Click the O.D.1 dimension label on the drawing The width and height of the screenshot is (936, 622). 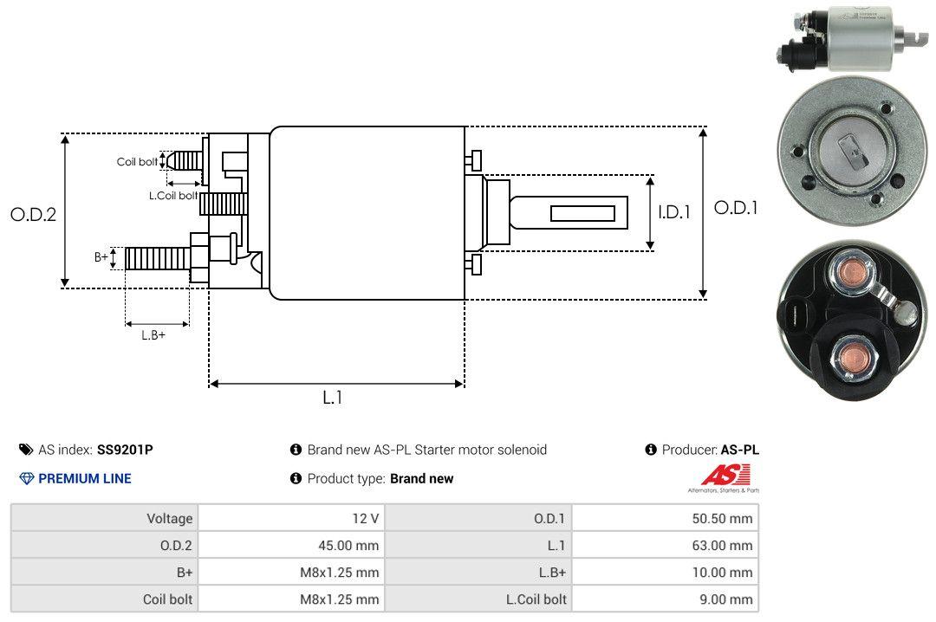[735, 208]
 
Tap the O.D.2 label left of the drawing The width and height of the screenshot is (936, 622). [33, 214]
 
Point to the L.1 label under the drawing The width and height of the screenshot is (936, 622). [333, 398]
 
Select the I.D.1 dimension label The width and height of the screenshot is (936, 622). [673, 211]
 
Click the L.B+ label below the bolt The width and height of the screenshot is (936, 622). [153, 334]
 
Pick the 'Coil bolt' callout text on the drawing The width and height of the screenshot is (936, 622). [137, 162]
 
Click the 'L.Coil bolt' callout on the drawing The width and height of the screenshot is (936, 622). [173, 196]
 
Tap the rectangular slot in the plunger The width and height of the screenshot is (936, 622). [582, 213]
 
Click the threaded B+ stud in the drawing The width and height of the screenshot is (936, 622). [157, 257]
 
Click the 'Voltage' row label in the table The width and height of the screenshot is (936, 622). [169, 519]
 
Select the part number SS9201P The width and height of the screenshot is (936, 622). [125, 450]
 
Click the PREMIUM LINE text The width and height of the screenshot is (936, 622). [84, 478]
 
